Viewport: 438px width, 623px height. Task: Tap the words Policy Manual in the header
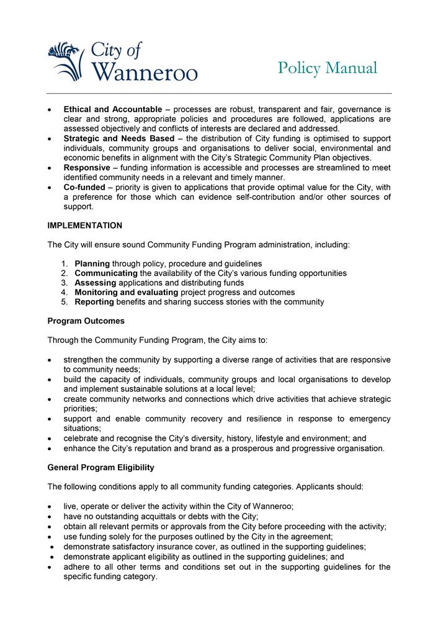click(327, 68)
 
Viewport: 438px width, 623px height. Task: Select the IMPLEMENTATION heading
click(84, 226)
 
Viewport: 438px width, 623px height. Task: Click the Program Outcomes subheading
click(86, 321)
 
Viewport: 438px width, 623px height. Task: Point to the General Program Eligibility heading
click(101, 467)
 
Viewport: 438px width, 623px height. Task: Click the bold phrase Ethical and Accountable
click(113, 109)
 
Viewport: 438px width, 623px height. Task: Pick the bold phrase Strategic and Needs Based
click(119, 138)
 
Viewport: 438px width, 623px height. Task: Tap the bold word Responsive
click(89, 168)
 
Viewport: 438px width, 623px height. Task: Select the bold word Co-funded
click(84, 187)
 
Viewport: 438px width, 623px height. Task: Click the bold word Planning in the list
click(92, 263)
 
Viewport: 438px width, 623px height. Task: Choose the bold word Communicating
click(106, 273)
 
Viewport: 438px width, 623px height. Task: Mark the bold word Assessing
click(94, 283)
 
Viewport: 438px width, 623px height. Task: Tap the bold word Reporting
click(94, 302)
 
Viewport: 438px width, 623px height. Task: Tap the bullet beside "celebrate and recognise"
click(50, 438)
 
